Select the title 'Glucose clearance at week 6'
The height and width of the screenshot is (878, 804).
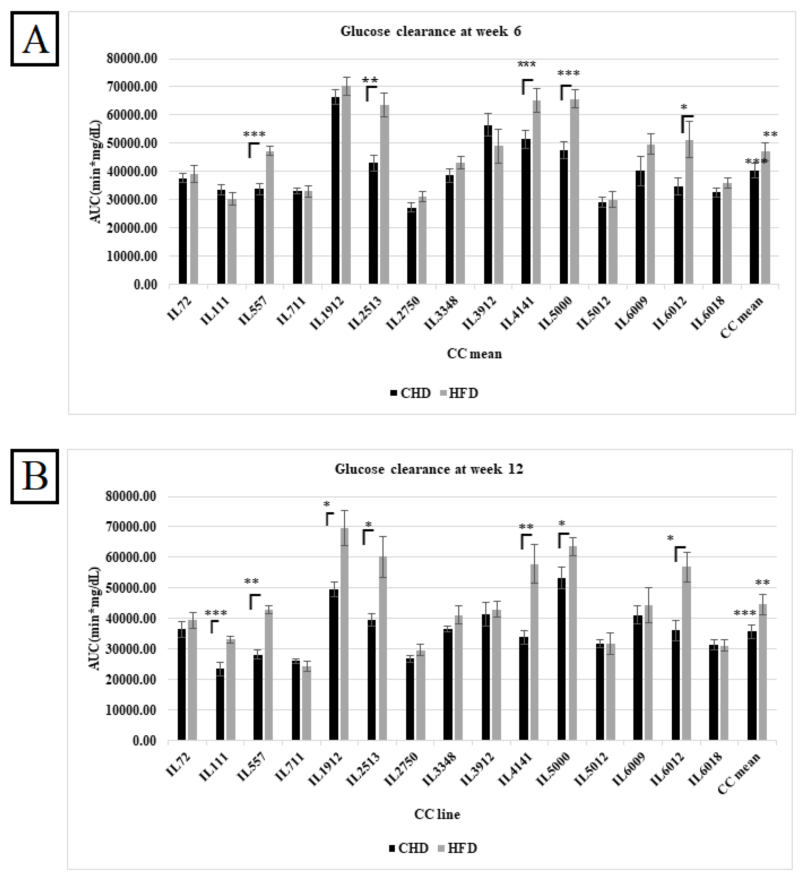click(x=430, y=31)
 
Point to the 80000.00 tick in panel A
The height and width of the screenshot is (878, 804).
click(x=132, y=58)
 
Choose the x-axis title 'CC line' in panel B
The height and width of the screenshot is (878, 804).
click(x=437, y=814)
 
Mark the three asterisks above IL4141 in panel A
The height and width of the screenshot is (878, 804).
click(x=527, y=65)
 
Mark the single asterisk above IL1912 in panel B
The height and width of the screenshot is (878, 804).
click(x=327, y=504)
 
